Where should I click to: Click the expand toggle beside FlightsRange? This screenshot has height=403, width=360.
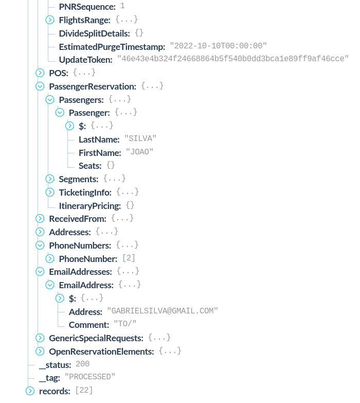[x=50, y=20]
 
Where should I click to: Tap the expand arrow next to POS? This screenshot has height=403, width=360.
[x=40, y=73]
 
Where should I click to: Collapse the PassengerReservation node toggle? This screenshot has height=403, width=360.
[x=40, y=86]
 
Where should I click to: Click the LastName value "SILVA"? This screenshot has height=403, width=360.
[x=140, y=139]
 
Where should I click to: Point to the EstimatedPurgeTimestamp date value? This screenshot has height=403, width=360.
[x=218, y=46]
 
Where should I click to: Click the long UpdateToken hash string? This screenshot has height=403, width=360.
[x=233, y=59]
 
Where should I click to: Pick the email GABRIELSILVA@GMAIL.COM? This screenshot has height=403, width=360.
[x=163, y=311]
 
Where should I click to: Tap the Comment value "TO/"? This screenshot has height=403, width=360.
[x=125, y=325]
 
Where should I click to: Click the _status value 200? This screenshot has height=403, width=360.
[x=82, y=364]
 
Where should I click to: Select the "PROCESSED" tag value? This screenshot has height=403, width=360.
[x=89, y=377]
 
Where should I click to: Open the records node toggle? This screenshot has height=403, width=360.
[x=30, y=391]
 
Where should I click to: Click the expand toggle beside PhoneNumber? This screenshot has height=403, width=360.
[x=50, y=258]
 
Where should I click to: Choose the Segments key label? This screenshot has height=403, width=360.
[x=78, y=179]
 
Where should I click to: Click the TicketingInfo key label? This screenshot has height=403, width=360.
[x=85, y=192]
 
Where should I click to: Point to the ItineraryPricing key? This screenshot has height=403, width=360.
[x=89, y=206]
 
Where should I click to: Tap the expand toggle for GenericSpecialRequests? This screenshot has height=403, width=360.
[x=40, y=338]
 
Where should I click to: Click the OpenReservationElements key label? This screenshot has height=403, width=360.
[x=101, y=352]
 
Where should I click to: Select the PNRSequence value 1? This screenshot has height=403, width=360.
[x=122, y=6]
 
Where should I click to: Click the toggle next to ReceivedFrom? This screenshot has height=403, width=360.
[x=40, y=219]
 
